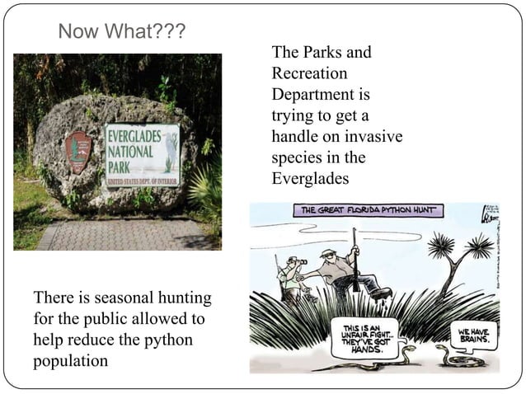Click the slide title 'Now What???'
(122, 32)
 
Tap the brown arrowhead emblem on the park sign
(78, 152)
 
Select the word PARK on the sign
(121, 167)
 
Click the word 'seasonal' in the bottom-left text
(126, 298)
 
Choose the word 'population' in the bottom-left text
(70, 360)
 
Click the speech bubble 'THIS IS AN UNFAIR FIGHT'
(364, 338)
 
